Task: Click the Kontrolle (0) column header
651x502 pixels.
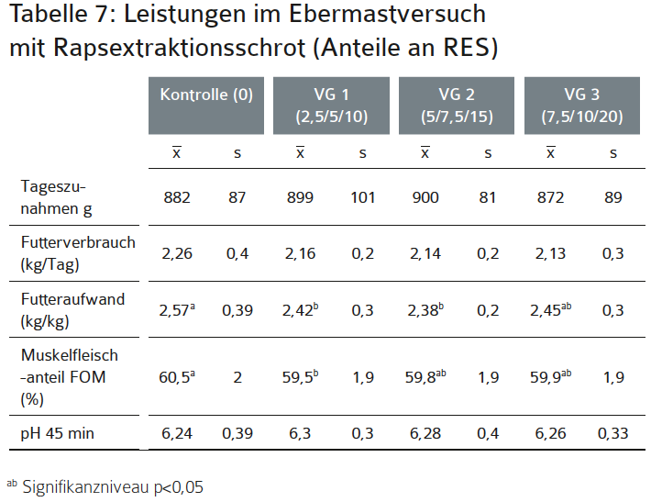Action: pyautogui.click(x=206, y=95)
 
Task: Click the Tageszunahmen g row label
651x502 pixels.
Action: pyautogui.click(x=55, y=197)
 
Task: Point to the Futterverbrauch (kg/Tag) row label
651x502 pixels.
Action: pyautogui.click(x=78, y=252)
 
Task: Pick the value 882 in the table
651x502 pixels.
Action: pyautogui.click(x=177, y=197)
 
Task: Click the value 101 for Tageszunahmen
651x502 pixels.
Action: pyautogui.click(x=362, y=197)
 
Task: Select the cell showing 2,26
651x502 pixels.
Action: pyautogui.click(x=177, y=252)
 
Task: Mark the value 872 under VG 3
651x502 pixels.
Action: pyautogui.click(x=550, y=197)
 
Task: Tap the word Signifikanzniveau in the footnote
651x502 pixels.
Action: pyautogui.click(x=83, y=487)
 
